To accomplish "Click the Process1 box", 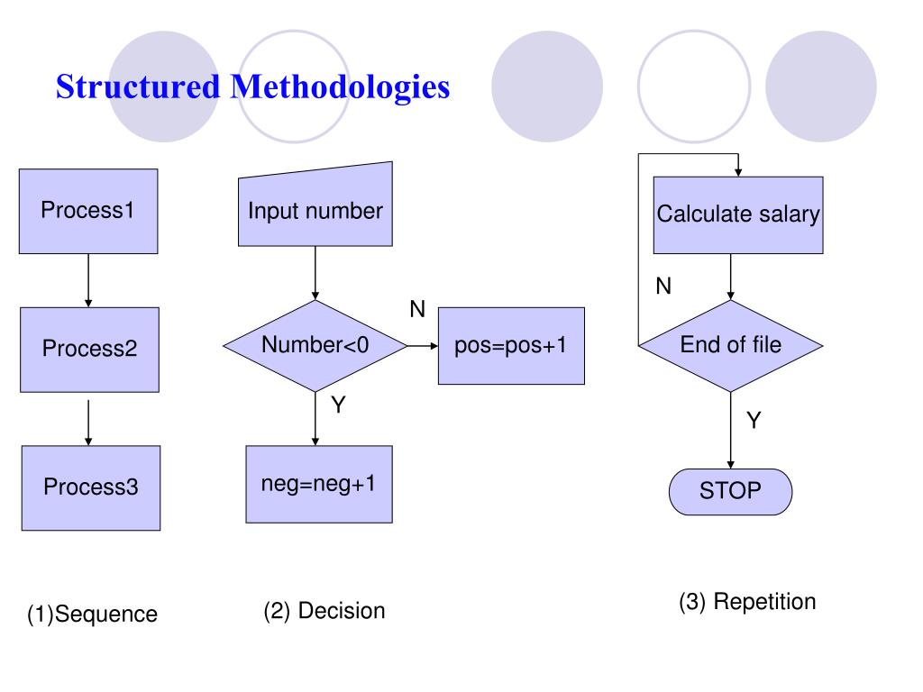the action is coord(88,211).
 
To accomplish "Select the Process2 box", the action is coord(89,350).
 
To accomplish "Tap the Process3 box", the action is coord(91,487).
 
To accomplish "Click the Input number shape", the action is coord(315,205).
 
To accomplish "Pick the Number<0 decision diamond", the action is coord(315,346).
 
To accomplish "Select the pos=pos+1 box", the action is coord(511,346).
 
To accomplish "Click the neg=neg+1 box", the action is coord(319,484).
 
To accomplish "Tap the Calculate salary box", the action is coord(738,214).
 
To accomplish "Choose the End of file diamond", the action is coord(730,346).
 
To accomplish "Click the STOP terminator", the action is coord(730,492).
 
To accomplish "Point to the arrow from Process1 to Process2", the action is coord(88,281).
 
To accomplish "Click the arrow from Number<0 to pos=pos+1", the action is coord(423,346).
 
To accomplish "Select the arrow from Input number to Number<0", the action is coord(315,273).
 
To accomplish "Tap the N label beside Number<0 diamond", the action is coord(417,309).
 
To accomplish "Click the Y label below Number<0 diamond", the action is coord(338,405).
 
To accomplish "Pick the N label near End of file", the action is coord(663,286).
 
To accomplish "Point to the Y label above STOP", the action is coord(754,420).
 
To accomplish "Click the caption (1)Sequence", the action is coord(93,615).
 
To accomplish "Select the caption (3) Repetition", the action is coord(747,602).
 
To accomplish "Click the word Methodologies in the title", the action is coord(340,87).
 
